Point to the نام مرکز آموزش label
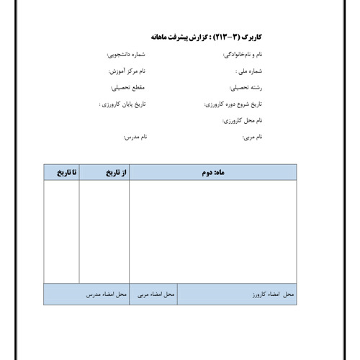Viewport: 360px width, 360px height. click(x=127, y=72)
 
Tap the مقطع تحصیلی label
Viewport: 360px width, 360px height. click(x=129, y=88)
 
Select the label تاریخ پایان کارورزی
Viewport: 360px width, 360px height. click(x=122, y=104)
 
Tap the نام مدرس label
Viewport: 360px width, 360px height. click(x=136, y=137)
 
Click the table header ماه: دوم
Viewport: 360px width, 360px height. click(x=212, y=173)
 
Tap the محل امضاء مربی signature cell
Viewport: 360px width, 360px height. click(x=156, y=295)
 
